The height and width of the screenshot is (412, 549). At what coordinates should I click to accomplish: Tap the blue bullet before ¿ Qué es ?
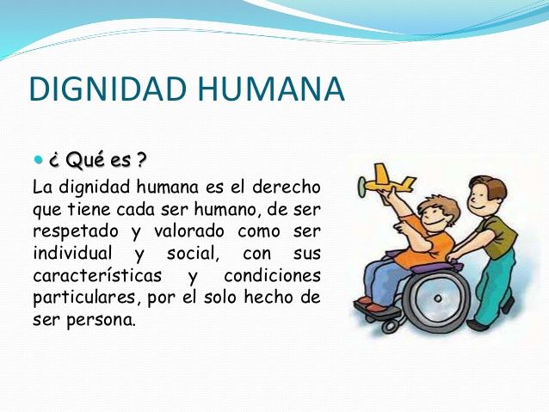tap(36, 160)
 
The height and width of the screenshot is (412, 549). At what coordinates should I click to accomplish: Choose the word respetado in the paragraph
tap(74, 232)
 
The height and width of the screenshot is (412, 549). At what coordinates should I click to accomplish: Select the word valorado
tap(186, 232)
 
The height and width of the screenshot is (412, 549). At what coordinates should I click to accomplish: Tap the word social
tap(187, 255)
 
